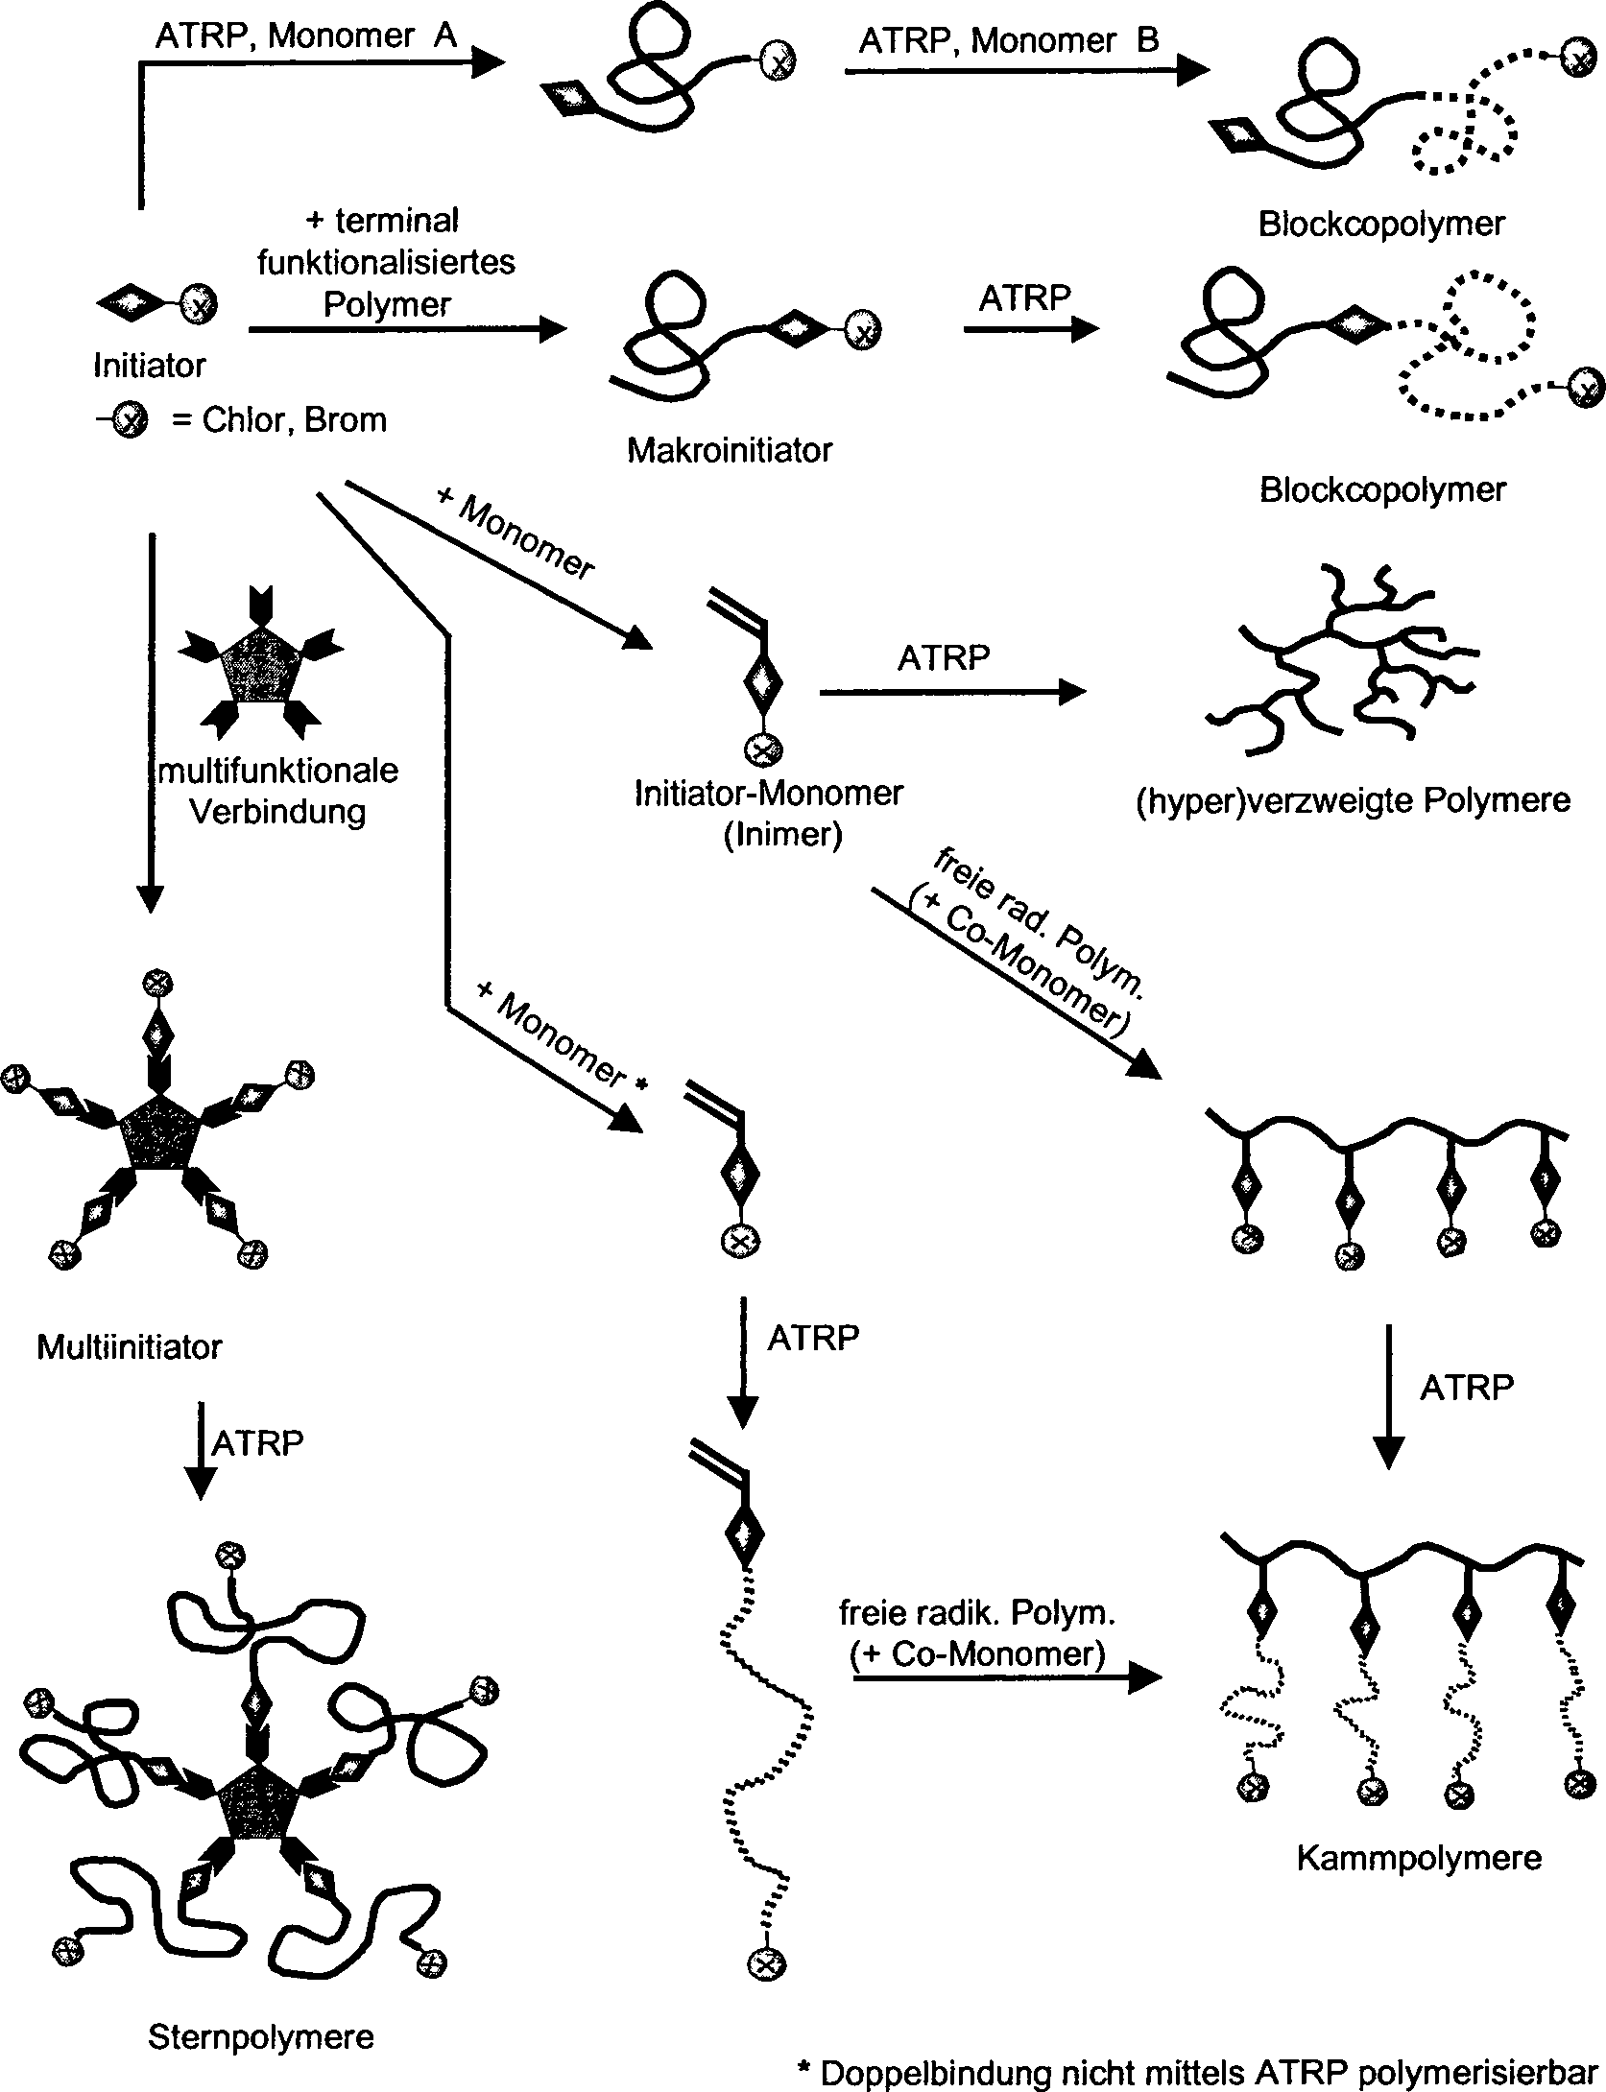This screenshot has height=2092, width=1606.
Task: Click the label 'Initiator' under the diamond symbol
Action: click(x=149, y=366)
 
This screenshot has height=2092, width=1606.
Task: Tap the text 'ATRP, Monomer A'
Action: click(x=306, y=36)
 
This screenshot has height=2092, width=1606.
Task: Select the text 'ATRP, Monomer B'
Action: click(x=1009, y=41)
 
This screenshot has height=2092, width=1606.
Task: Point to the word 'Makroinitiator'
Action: click(x=729, y=450)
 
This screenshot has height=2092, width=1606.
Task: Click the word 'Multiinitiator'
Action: click(x=129, y=1347)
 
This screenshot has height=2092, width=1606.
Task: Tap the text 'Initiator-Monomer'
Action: click(x=769, y=794)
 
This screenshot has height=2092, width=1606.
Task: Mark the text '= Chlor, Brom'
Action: click(x=278, y=420)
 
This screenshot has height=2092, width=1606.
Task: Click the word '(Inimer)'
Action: click(x=782, y=835)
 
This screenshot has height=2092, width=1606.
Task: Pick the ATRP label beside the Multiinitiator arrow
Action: click(x=257, y=1442)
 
